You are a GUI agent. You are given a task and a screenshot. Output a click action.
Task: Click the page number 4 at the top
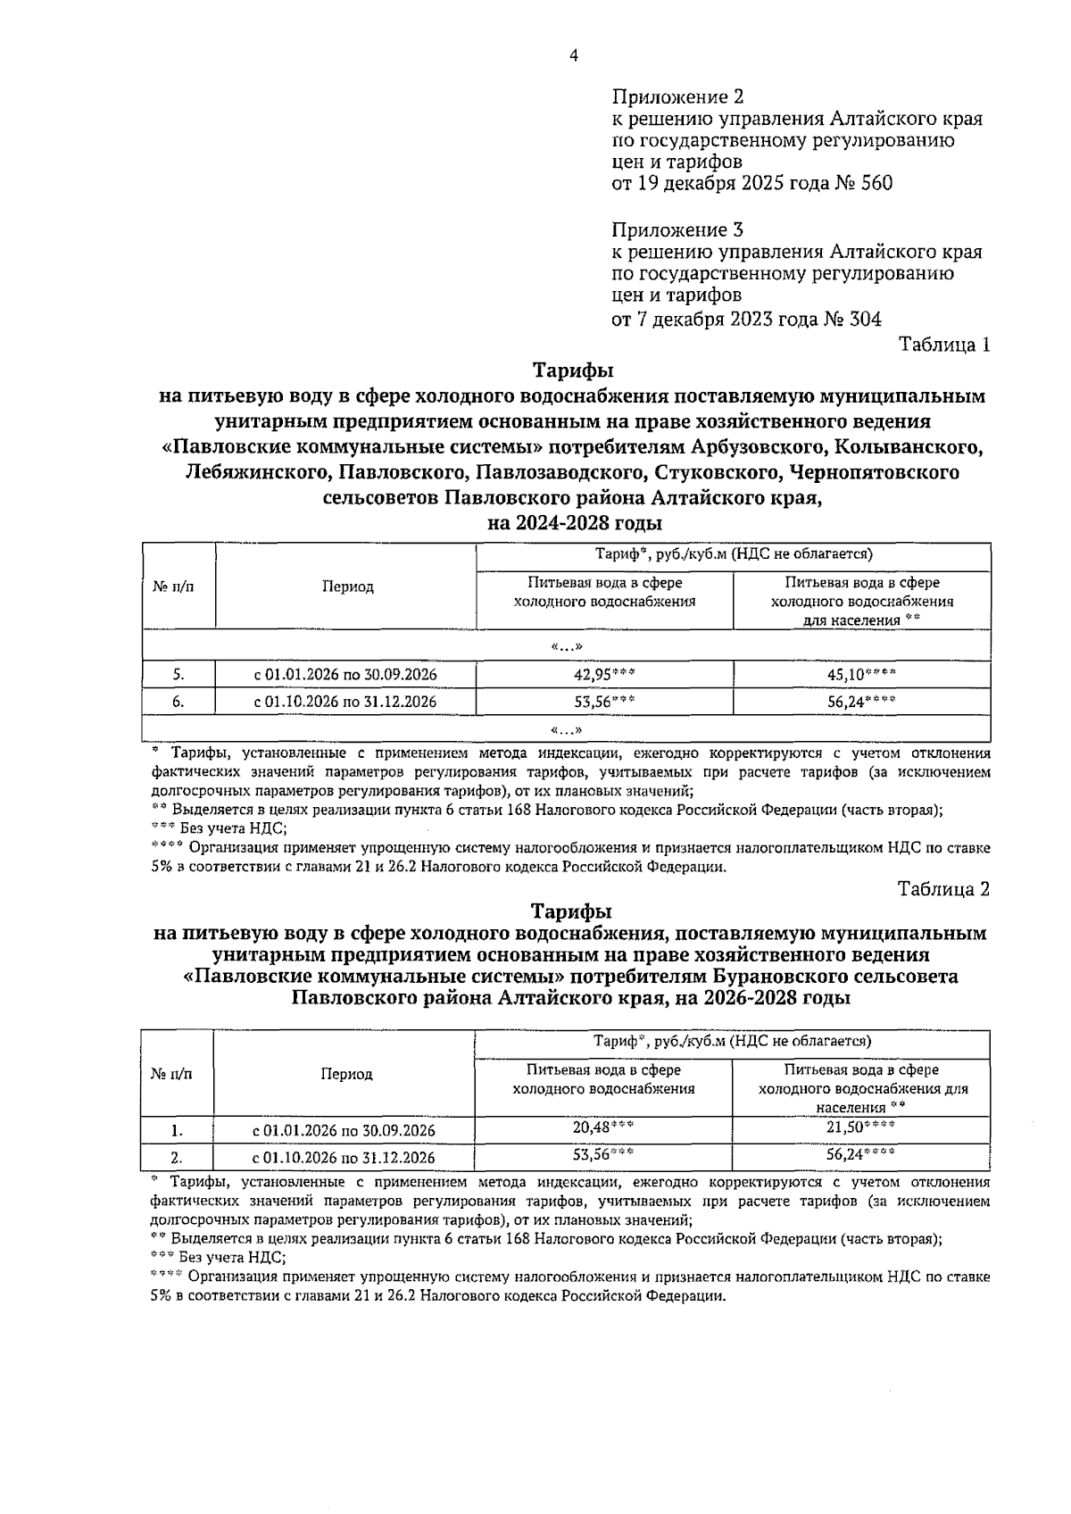coord(573,56)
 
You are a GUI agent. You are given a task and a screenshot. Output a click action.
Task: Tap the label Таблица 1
coord(944,345)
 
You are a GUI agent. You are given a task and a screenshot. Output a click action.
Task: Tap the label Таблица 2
coord(944,889)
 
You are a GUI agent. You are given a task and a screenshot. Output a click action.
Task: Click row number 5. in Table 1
coord(178,675)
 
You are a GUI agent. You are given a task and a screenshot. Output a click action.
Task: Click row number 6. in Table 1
coord(178,702)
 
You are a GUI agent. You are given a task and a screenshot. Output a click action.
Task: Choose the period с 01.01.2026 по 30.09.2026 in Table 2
coord(345,1131)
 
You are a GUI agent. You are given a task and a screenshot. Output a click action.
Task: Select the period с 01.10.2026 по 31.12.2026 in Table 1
coord(345,702)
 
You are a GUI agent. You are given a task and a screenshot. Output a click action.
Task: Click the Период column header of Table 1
coord(348,586)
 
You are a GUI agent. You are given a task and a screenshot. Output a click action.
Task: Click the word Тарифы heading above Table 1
coord(573,369)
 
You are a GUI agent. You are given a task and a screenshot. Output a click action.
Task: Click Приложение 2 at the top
coord(677,96)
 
